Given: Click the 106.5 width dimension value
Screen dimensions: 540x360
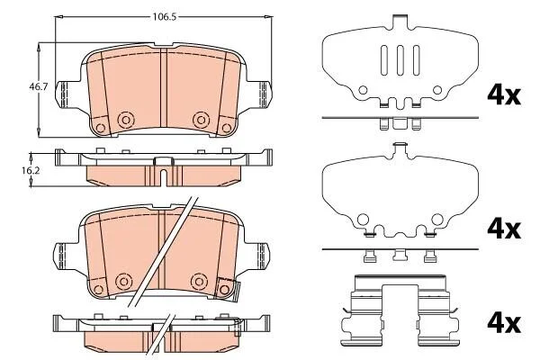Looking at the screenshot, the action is (165, 17).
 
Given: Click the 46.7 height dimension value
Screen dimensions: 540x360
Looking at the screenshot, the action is (38, 86).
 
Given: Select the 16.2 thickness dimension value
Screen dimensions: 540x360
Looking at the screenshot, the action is (31, 170).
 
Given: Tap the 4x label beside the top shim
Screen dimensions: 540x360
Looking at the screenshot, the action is (504, 95).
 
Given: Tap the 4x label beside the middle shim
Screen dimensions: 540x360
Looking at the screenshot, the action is (504, 229).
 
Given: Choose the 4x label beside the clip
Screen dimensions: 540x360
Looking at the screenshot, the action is (504, 323).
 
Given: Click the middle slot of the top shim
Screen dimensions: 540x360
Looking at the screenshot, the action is (400, 60).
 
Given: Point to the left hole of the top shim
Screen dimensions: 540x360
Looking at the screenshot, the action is (363, 90).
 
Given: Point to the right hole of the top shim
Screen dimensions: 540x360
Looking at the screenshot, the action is (437, 90).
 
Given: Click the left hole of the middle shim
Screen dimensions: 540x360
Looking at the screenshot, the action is (363, 219).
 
